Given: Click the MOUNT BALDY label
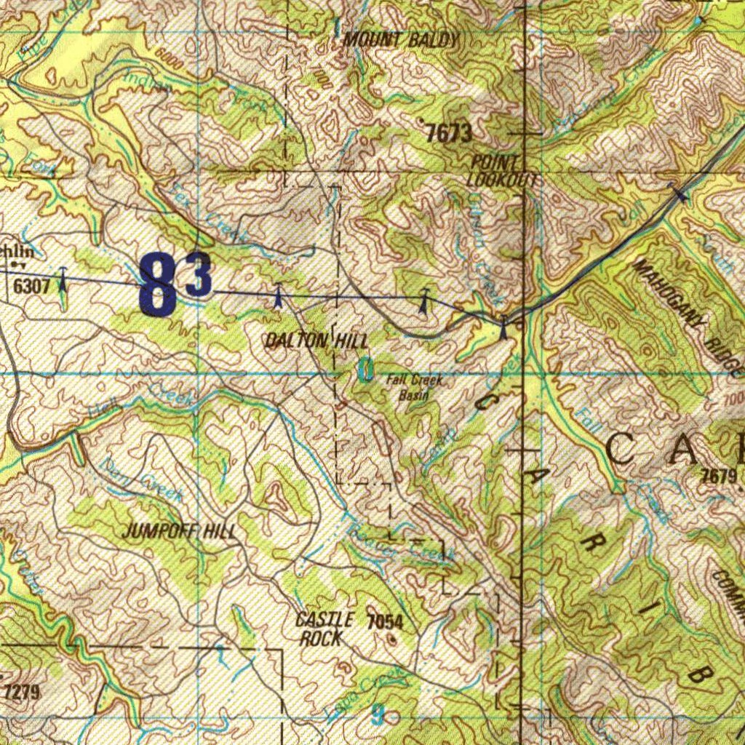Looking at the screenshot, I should pos(401,41).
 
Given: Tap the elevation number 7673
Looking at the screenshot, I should pos(449,133).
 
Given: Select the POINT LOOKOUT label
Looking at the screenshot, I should pos(502,170).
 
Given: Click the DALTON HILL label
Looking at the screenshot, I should pos(316,340).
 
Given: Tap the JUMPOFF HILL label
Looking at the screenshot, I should pos(178,530).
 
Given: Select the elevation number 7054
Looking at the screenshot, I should pos(385,621).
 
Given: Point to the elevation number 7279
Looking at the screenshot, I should pos(22,690).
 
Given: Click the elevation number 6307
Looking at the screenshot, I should pos(32,286).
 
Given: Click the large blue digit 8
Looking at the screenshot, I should pos(159,285).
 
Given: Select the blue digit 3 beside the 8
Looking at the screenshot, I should pos(199,275).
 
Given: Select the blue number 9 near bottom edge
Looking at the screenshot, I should pos(377,714).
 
